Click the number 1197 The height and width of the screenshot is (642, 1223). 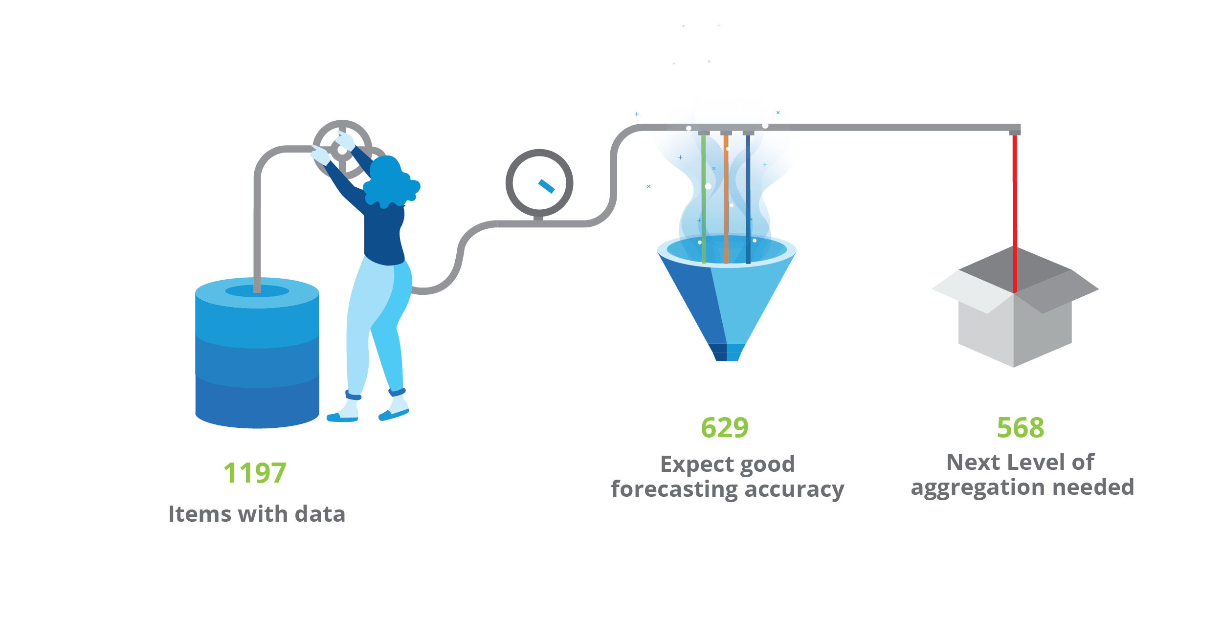pyautogui.click(x=255, y=473)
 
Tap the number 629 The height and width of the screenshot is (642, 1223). pyautogui.click(x=724, y=428)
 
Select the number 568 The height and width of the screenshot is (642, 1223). pyautogui.click(x=1020, y=428)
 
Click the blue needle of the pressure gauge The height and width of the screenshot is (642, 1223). pyautogui.click(x=546, y=186)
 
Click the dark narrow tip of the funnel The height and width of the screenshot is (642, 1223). pyautogui.click(x=727, y=353)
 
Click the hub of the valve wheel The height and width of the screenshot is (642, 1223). pyautogui.click(x=342, y=150)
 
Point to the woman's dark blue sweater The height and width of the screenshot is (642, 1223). pyautogui.click(x=384, y=235)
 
